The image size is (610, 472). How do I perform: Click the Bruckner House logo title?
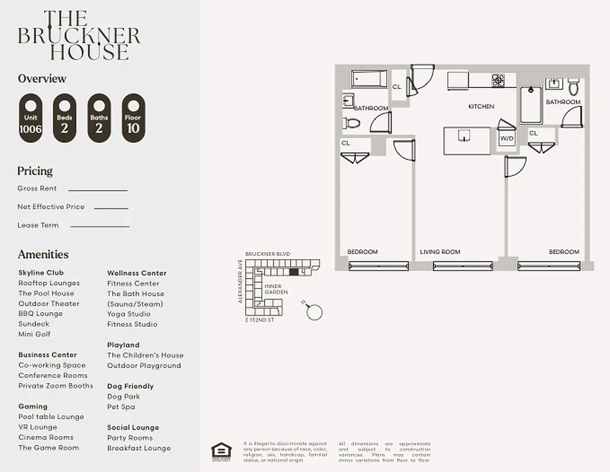(79, 35)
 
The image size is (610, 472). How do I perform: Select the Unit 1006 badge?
(31, 119)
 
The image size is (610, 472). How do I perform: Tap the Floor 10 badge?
(133, 119)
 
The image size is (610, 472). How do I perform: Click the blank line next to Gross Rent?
(97, 189)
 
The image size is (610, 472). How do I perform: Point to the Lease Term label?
(38, 225)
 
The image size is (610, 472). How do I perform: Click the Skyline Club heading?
(41, 273)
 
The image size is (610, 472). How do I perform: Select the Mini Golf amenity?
(34, 334)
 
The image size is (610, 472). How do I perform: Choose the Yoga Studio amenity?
(129, 314)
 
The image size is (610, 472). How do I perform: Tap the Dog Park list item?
(123, 396)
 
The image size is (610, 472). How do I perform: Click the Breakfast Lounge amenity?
(139, 448)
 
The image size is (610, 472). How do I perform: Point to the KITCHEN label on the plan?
(481, 107)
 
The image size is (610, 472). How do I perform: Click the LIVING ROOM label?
(440, 252)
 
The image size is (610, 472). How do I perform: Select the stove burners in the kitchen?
(498, 80)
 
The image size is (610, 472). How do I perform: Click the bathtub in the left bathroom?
(369, 79)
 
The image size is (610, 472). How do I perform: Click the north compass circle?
(315, 312)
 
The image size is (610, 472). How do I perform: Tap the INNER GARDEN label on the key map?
(276, 289)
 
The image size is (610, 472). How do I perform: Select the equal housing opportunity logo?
(221, 451)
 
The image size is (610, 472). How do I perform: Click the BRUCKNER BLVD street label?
(268, 254)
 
